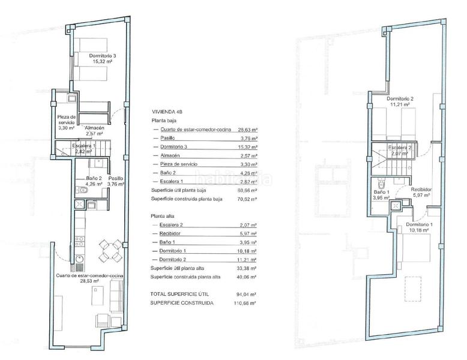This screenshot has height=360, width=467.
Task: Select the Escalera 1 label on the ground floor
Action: click(83, 146)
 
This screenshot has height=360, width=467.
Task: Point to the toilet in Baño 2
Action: click(84, 191)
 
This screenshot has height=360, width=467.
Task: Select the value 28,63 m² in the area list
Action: click(246, 130)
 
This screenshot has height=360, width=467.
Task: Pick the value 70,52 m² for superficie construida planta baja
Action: click(246, 199)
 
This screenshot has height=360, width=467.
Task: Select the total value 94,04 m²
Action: click(246, 295)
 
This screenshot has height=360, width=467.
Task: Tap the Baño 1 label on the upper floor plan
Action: click(382, 193)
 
